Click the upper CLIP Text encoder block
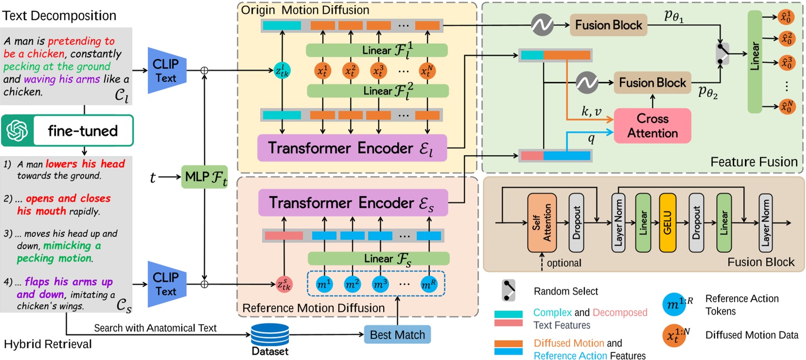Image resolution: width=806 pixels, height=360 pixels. pos(166,71)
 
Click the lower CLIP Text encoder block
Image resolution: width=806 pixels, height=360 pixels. pos(166,284)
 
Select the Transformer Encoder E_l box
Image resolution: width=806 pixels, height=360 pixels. pos(351,148)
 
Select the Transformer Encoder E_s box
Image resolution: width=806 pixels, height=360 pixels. pos(352,203)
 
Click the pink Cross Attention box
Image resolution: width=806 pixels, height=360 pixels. pos(652,126)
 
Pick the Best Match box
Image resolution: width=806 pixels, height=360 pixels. pos(397,335)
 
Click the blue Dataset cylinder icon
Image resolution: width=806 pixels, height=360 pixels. pos(270,335)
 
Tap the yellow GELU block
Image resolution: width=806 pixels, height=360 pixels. pos(667,223)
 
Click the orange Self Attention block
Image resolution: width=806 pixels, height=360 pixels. pos(542,223)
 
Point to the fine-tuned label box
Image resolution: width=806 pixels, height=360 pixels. pos(83,131)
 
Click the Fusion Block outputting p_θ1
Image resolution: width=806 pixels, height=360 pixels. pos(608,25)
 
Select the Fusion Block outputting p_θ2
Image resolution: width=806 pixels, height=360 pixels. pos(652,83)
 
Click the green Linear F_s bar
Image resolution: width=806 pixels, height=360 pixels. pos(378,258)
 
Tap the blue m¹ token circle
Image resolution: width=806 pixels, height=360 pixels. pos(324,284)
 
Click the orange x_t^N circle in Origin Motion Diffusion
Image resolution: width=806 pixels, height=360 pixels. pos(426,71)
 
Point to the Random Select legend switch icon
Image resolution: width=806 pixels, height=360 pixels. pos(508,291)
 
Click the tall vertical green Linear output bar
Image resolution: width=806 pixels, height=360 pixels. pos(754,62)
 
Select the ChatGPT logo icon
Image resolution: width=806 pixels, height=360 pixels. pos(18,131)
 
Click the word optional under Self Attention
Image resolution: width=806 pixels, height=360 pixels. pos(564,263)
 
